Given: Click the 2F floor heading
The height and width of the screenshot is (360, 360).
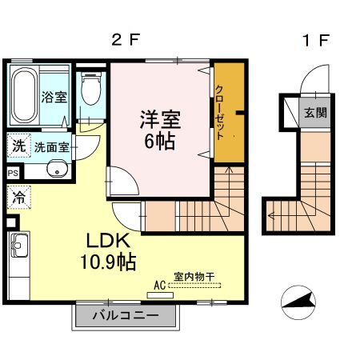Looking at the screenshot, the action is [126, 40].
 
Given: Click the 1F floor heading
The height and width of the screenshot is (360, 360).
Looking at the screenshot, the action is [316, 40].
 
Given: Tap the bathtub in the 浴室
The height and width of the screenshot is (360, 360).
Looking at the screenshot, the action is [24, 95].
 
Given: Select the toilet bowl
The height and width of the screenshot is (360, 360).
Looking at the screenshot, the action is [91, 88].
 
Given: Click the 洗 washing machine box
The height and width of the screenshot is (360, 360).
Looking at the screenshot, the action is [18, 146].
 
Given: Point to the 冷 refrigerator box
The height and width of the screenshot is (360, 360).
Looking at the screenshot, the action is [18, 198].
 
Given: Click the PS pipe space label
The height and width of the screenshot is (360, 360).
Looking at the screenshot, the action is [13, 174].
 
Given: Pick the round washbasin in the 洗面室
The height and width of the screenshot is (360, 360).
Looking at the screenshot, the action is [57, 169].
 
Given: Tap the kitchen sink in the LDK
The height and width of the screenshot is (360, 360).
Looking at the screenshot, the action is [19, 245].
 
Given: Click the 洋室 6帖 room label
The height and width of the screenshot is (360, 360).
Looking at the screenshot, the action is [160, 130].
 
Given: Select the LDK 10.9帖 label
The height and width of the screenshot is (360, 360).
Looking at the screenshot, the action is [108, 251].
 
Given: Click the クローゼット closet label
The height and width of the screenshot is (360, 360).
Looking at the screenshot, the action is [219, 112].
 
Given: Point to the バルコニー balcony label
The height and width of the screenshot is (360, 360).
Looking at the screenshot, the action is [126, 316].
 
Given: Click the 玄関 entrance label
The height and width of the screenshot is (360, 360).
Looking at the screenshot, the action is [316, 112].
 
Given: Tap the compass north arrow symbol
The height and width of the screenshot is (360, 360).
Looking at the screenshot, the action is [298, 302].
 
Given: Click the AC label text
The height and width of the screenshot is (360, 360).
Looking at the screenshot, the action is [160, 286].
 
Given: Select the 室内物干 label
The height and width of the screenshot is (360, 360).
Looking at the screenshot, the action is [194, 277].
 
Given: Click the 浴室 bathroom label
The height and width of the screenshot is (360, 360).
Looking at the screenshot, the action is [54, 97].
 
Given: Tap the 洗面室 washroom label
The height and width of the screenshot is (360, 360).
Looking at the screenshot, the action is [52, 147].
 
